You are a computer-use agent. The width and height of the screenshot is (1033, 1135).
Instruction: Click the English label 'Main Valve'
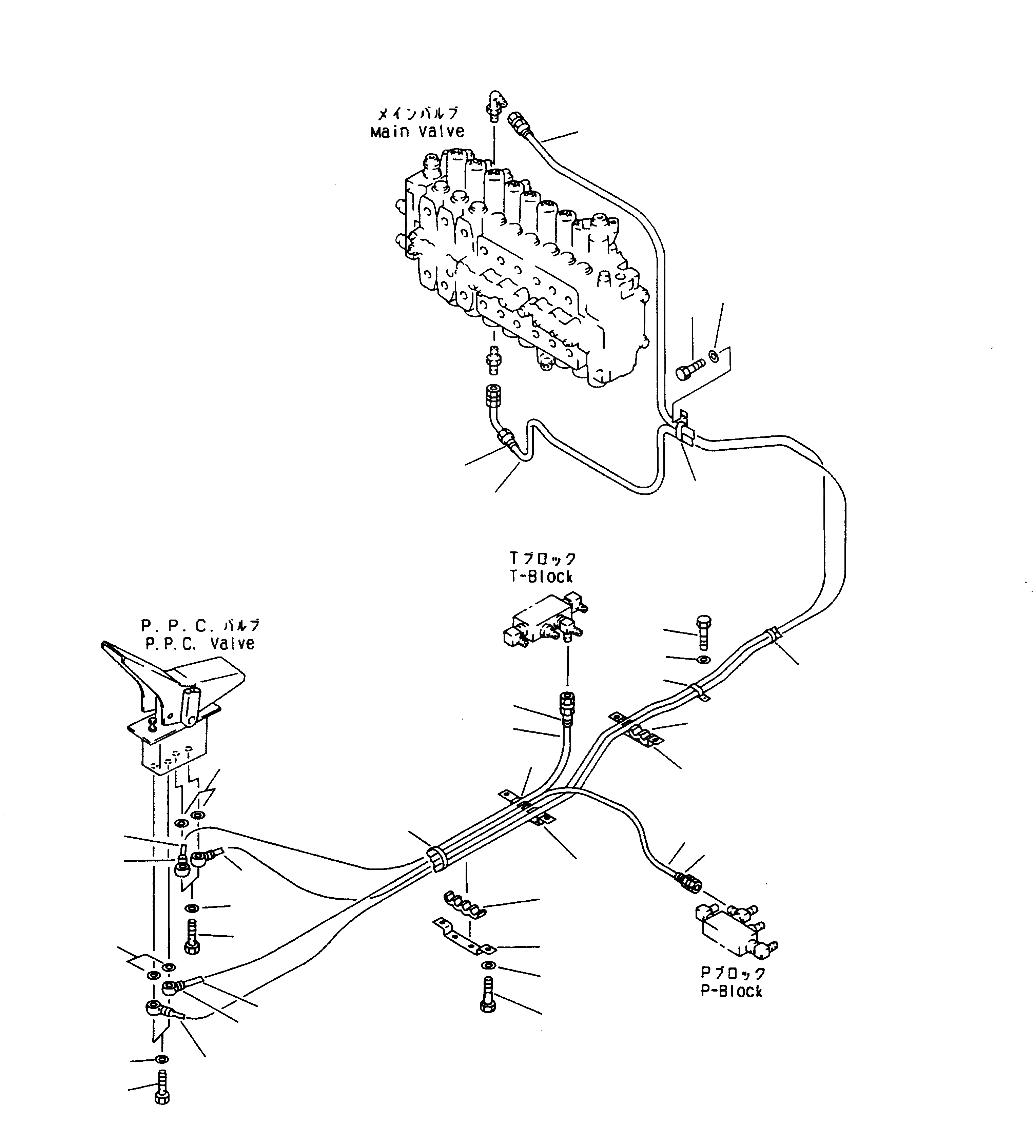pos(417,132)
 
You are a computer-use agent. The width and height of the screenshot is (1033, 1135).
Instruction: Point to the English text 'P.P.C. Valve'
pos(200,644)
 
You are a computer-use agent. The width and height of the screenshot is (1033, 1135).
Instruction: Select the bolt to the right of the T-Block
pos(704,632)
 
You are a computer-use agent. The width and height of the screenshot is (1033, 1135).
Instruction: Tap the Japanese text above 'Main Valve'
pos(417,114)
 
